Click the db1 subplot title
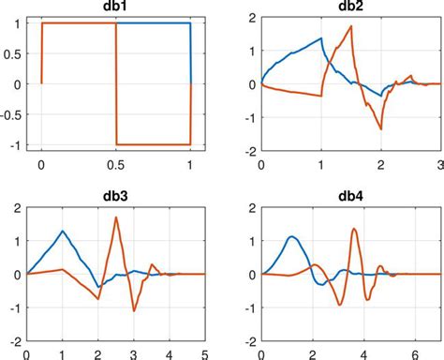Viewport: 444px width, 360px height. tap(116, 8)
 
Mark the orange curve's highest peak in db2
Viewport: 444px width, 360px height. tap(350, 26)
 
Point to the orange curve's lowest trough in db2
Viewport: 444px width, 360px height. tap(380, 128)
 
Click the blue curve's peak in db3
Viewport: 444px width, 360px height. tap(62, 231)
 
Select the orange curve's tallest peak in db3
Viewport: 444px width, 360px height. tap(116, 217)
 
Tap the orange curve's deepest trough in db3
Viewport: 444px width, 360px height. tap(133, 312)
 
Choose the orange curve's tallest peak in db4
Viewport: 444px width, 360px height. tap(353, 229)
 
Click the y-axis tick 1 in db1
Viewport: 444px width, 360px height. tap(22, 22)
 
